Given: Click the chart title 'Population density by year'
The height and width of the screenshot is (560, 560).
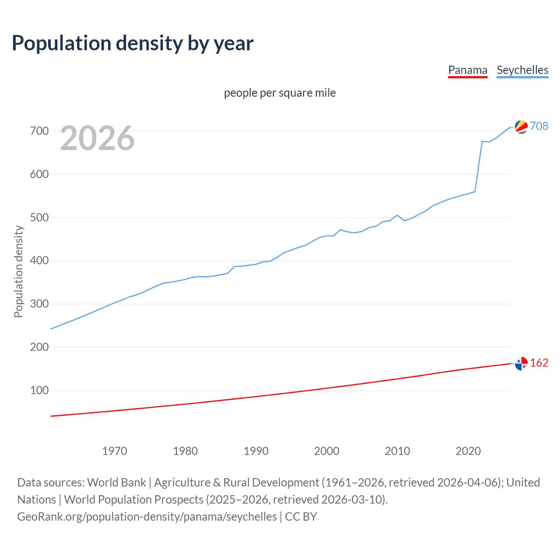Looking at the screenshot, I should pos(133,43).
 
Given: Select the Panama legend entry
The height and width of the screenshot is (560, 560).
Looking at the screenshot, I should pos(468,70).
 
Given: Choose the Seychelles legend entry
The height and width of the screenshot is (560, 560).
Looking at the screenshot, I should pos(522,70).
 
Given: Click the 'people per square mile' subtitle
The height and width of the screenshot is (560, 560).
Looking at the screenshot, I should pos(280,93).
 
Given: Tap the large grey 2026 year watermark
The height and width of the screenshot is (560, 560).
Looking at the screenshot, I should pos(97,138).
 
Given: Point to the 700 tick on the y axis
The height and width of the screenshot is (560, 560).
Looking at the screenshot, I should pos(39,131).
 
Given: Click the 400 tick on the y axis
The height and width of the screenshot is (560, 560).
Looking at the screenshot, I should pos(39,261).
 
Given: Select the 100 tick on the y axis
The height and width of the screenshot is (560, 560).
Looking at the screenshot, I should pos(39,390).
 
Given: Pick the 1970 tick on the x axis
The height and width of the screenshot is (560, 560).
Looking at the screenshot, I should pos(115,451).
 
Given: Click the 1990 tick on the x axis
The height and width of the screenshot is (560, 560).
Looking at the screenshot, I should pos(256,451).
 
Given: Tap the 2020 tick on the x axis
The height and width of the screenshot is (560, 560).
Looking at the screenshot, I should pos(468,451).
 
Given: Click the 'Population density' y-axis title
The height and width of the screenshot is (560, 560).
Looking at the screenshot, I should pos(18,271).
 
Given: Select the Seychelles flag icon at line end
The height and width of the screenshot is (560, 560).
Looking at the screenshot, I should pos(521,126).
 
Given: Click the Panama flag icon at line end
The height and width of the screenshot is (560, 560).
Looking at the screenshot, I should pos(521,364).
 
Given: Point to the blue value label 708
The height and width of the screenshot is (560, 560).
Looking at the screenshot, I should pos(539,126).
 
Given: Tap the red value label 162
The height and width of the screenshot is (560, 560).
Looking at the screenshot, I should pos(539,363).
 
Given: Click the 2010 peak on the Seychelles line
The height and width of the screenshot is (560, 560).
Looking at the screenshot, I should pos(397,215).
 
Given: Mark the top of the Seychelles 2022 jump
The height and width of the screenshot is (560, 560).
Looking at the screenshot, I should pos(482,141).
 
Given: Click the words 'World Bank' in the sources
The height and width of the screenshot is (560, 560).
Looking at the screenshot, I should pos(116,482).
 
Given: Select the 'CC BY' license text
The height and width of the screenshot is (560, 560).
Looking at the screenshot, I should pos(301,516).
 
